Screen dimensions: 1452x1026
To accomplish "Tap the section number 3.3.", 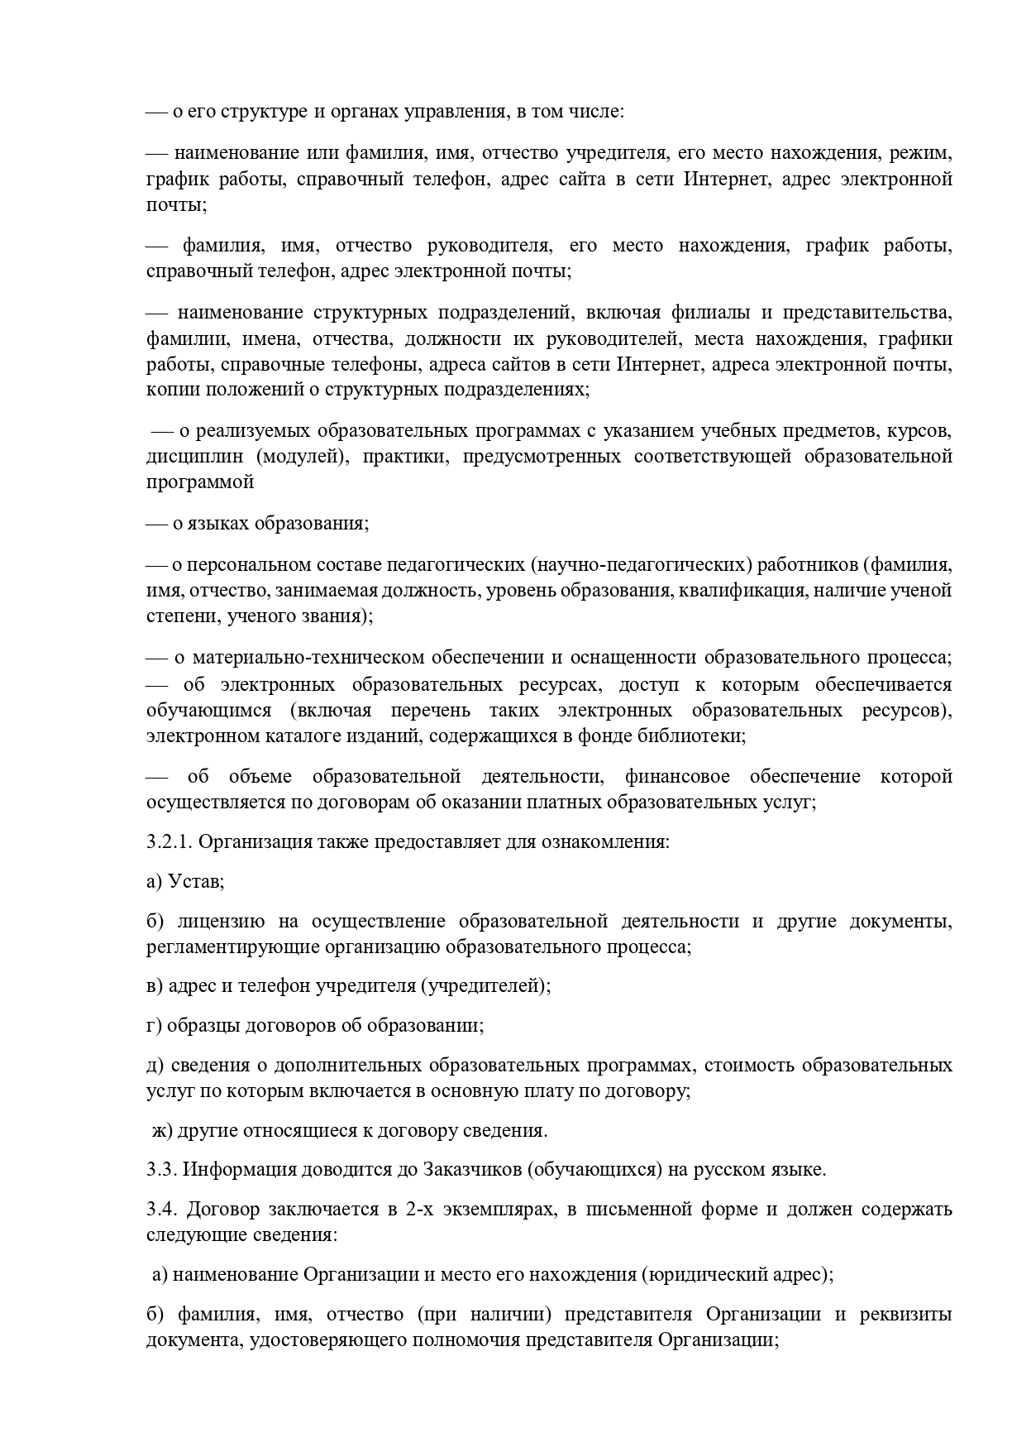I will pyautogui.click(x=158, y=1170).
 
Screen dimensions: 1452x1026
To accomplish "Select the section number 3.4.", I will pyautogui.click(x=158, y=1210).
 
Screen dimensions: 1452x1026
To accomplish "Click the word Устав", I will pyautogui.click(x=195, y=882).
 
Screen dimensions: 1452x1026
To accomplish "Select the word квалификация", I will pyautogui.click(x=756, y=591).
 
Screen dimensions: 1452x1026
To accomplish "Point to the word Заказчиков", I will pyautogui.click(x=470, y=1170).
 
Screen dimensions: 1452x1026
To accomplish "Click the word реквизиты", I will pyautogui.click(x=909, y=1315).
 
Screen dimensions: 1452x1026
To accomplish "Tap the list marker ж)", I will pyautogui.click(x=161, y=1131).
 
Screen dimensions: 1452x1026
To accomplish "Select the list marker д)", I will pyautogui.click(x=155, y=1065).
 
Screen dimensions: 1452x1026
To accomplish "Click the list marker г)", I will pyautogui.click(x=154, y=1026).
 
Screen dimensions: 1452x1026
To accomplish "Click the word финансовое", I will pyautogui.click(x=677, y=777).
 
